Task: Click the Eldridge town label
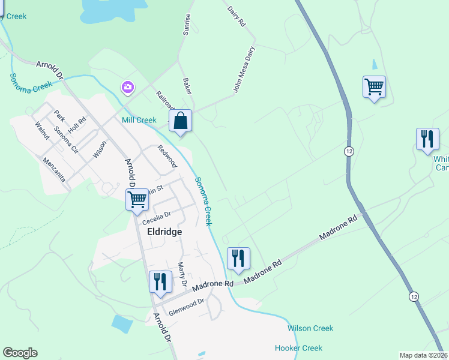pos(162,231)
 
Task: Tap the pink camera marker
pos(127,88)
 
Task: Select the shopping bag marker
pos(180,121)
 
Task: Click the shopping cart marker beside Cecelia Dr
pos(137,200)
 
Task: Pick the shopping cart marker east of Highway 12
pos(374,87)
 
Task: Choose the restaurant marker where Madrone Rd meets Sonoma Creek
pos(238,259)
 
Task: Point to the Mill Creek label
pos(139,120)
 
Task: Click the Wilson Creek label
pos(310,328)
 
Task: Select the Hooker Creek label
pos(298,348)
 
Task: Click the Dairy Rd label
pos(237,16)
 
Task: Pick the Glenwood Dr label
pos(187,307)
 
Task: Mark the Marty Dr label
pos(182,275)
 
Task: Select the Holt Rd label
pos(77,124)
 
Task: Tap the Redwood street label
pos(167,156)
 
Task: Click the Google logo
pos(20,353)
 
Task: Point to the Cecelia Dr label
pos(156,216)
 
